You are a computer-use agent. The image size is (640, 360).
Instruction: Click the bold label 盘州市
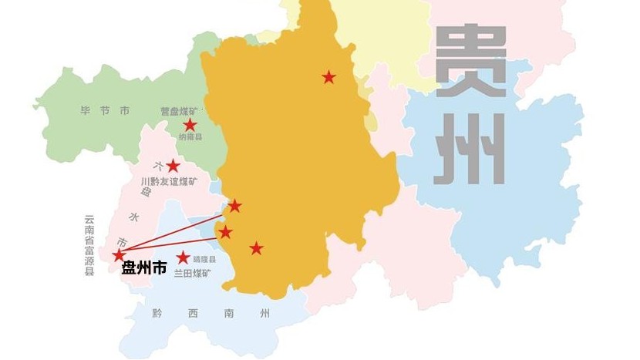144,269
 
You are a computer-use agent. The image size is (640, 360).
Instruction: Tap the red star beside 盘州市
119,255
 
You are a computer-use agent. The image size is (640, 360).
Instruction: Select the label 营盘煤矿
178,112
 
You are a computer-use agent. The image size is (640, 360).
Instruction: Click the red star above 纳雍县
190,125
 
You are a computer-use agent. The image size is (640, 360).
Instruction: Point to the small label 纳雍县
190,137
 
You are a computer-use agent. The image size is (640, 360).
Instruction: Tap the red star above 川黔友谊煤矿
173,166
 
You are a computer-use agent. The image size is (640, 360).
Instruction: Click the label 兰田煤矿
194,274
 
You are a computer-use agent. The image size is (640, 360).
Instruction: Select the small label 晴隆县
204,260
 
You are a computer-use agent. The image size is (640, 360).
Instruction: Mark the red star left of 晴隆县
183,258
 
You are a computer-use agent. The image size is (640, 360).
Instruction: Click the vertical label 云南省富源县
89,246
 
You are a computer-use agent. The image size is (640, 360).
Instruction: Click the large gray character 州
470,150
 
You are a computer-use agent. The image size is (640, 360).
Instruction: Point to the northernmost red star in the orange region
329,77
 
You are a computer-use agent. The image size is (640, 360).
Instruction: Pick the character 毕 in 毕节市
86,112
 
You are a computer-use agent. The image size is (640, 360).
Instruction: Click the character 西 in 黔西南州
194,314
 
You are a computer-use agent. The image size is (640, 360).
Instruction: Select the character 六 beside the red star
157,165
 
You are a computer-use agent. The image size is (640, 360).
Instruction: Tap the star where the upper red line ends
235,206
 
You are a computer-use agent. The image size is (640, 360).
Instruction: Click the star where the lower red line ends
225,232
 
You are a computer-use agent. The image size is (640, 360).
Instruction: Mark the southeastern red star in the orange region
257,248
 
